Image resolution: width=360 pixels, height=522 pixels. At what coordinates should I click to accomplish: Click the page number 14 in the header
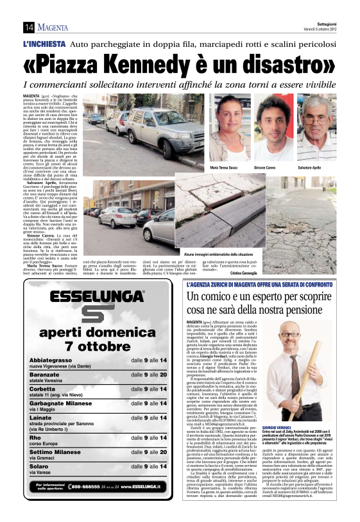coord(29,27)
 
